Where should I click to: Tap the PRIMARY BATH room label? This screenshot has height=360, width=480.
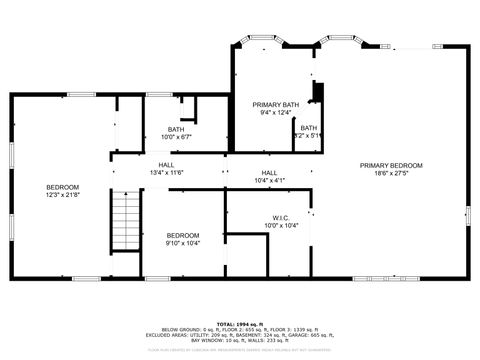click(x=275, y=105)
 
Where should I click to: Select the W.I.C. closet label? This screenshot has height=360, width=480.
click(x=280, y=217)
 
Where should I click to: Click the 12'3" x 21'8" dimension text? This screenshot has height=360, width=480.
click(x=63, y=194)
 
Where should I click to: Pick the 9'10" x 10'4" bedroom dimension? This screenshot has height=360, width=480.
click(x=183, y=243)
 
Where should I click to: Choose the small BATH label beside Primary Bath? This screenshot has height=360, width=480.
click(x=309, y=127)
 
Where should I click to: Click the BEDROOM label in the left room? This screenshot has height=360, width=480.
click(x=63, y=186)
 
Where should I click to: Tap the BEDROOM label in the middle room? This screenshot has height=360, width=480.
click(x=183, y=235)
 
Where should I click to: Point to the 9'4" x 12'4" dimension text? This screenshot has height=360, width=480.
click(x=275, y=113)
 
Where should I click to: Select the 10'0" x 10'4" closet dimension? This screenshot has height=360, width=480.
click(x=280, y=225)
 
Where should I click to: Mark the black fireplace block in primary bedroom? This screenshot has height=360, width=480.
click(x=317, y=93)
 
